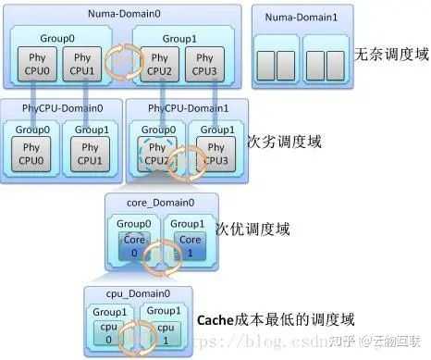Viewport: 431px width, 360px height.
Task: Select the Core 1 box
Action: pos(190,245)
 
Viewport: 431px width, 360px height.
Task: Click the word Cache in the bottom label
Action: pos(217,321)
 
